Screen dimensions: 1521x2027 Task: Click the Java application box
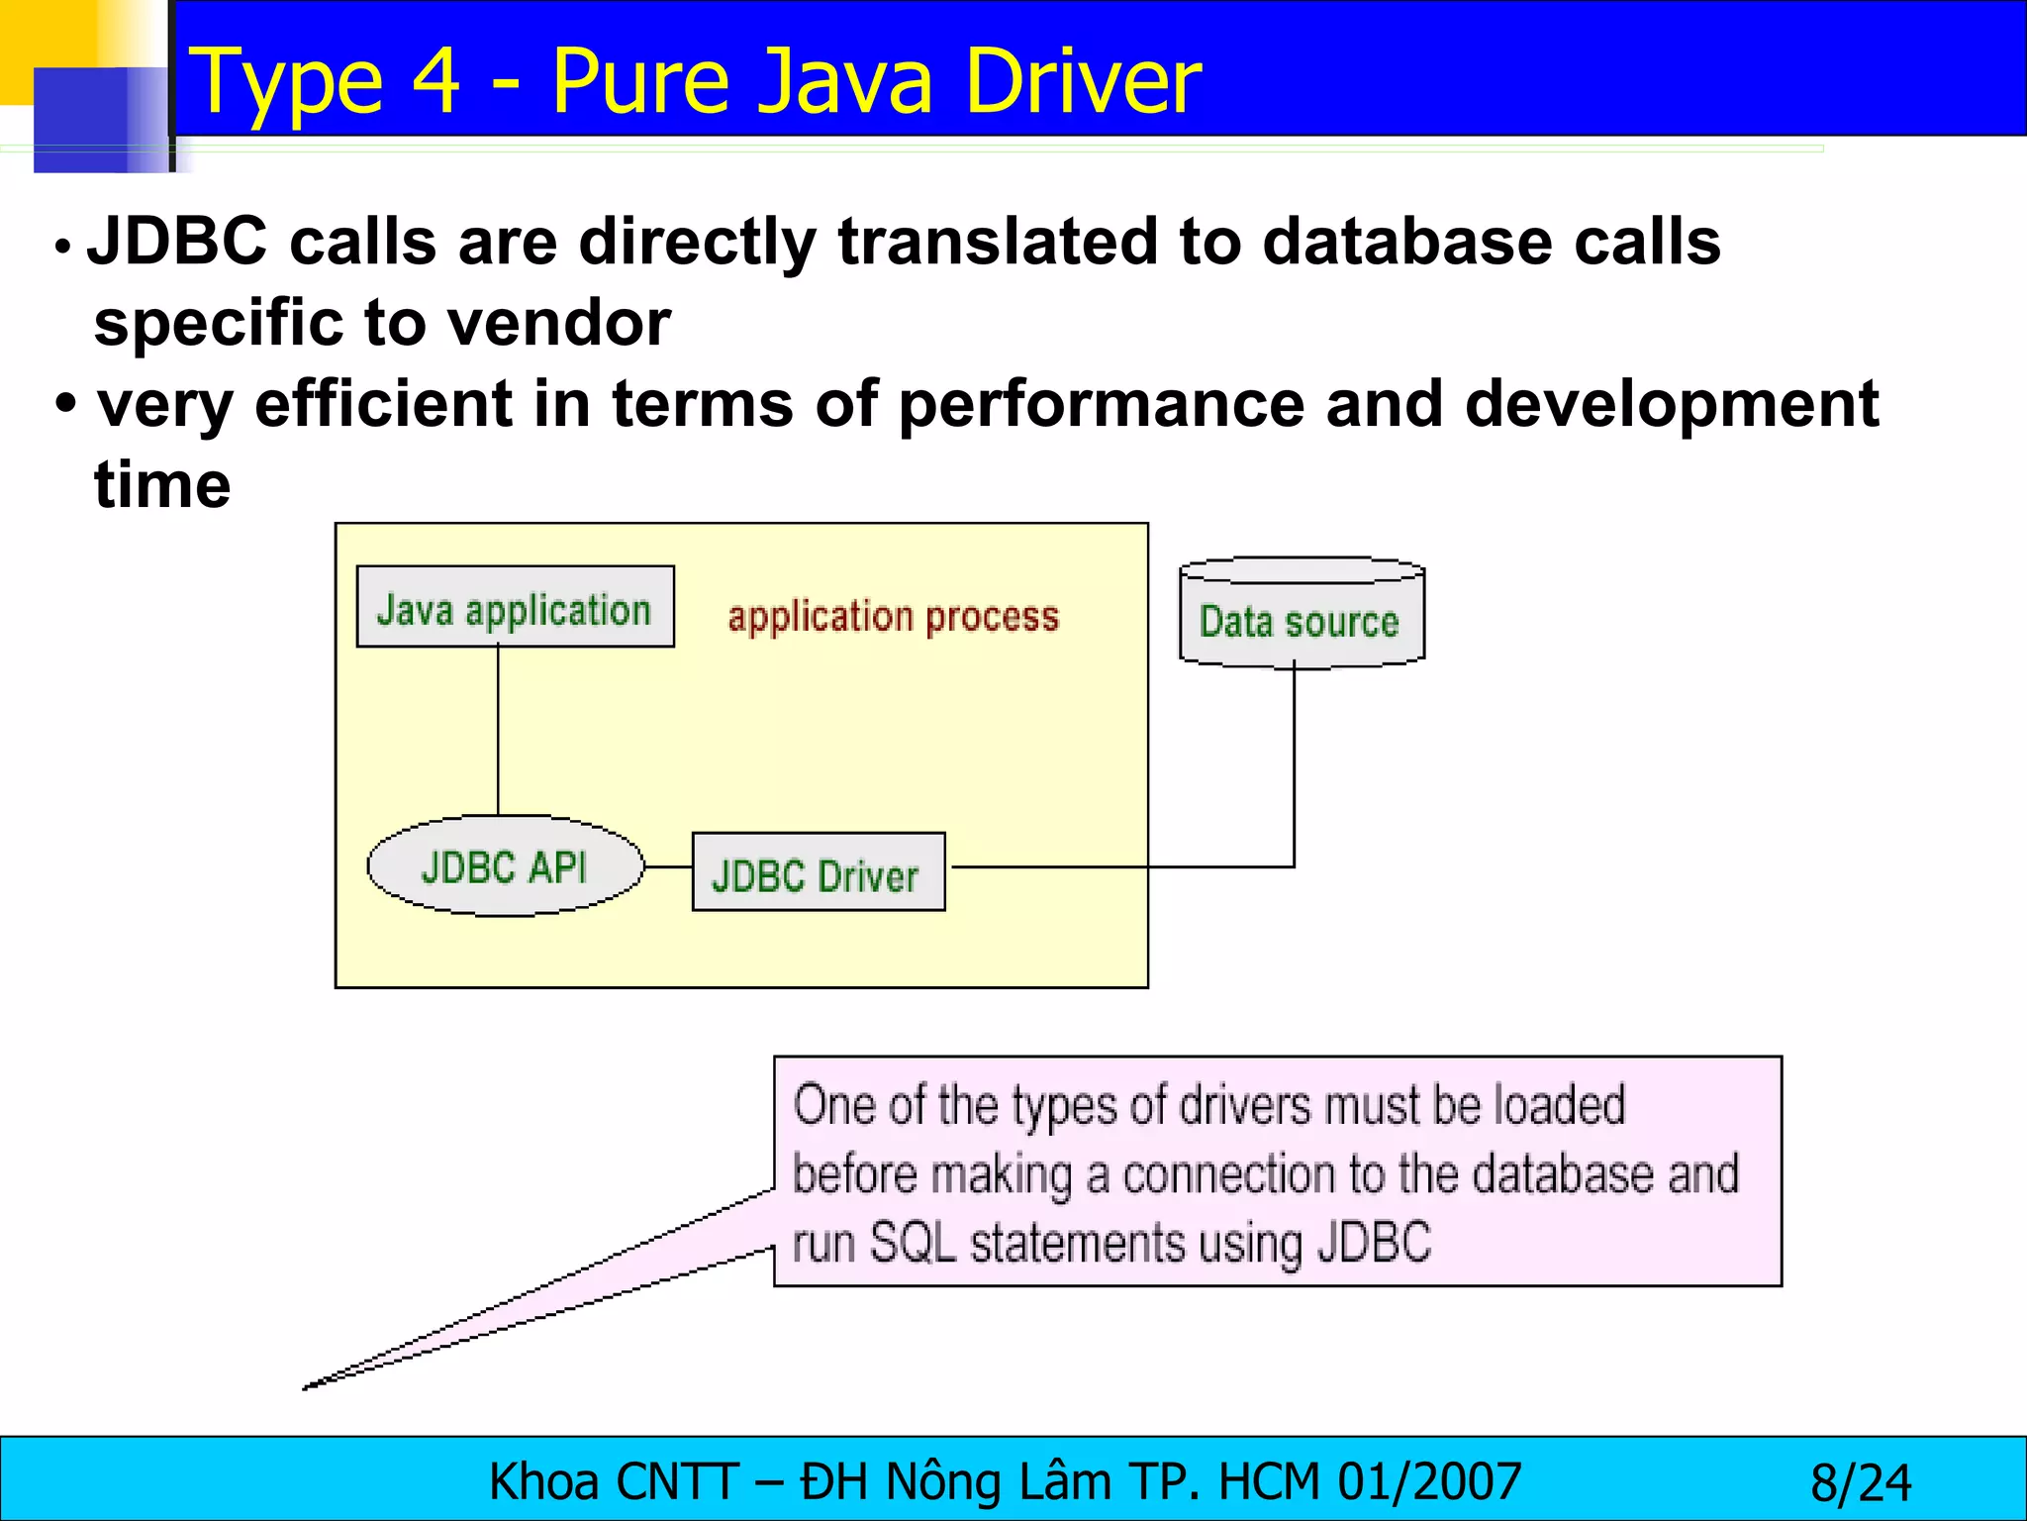[515, 607]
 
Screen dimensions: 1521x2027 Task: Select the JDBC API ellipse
[505, 866]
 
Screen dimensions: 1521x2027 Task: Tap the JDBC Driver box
[818, 872]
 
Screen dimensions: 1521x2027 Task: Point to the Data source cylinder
[1301, 614]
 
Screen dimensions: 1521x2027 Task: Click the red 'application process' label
[893, 617]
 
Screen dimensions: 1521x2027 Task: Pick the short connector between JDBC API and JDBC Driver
[668, 867]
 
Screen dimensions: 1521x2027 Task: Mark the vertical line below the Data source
[1294, 762]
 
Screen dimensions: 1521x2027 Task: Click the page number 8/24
[1861, 1482]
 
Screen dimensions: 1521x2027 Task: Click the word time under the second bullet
[163, 485]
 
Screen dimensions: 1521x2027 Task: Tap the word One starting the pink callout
[834, 1105]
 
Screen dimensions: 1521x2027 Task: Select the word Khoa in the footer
[543, 1482]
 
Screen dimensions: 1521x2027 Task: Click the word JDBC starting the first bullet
[178, 242]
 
